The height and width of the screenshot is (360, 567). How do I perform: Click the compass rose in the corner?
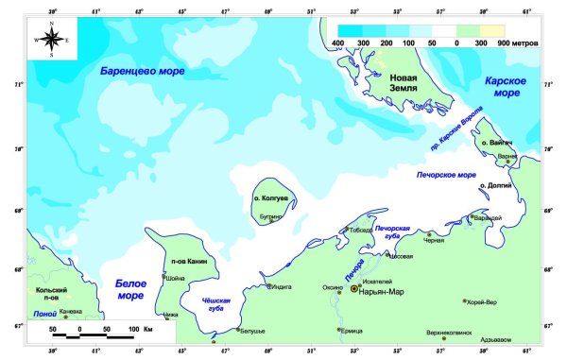point(51,40)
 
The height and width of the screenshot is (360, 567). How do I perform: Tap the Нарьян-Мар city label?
point(383,290)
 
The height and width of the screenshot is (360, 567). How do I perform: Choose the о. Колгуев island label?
point(268,199)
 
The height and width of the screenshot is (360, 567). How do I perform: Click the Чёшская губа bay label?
point(216,304)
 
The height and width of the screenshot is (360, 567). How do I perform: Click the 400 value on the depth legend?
point(337,43)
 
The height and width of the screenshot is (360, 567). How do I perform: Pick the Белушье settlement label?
point(250,331)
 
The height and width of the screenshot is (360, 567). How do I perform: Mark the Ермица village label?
point(352,330)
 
